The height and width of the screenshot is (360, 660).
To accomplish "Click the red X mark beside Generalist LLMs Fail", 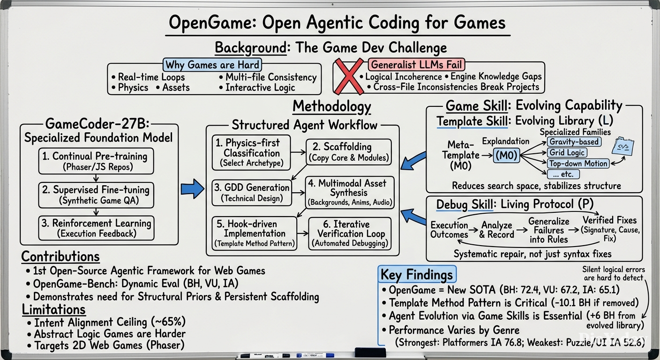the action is [349, 76].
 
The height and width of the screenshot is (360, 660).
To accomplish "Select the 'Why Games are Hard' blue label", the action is [212, 65].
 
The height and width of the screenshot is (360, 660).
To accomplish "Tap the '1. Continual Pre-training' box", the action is [96, 161].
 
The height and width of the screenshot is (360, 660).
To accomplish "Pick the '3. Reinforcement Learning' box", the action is [96, 228].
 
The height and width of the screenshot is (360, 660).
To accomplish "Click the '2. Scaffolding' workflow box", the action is [349, 152].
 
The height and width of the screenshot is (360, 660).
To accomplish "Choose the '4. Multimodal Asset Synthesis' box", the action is [350, 193].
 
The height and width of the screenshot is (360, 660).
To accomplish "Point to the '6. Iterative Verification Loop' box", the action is [350, 233].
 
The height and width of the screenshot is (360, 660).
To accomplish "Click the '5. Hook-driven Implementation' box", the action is [254, 233].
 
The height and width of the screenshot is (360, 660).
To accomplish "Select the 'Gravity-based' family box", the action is [574, 142].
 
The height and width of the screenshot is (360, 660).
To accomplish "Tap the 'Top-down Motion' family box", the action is [578, 163].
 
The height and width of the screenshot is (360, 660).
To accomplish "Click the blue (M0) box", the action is [506, 155].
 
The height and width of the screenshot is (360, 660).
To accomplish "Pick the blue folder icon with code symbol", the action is [623, 146].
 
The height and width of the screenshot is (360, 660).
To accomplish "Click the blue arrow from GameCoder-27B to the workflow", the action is [192, 188].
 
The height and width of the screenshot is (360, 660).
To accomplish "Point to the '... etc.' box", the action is [563, 174].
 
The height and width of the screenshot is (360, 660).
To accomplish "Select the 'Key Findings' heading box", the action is [417, 274].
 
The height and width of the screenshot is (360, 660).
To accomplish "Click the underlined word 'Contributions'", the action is [60, 256].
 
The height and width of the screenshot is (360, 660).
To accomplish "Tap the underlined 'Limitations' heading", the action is [53, 310].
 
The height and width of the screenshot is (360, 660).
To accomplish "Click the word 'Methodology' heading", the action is [332, 106].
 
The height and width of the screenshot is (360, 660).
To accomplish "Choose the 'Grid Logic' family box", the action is [567, 153].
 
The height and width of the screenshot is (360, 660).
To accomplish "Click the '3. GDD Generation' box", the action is [252, 193].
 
